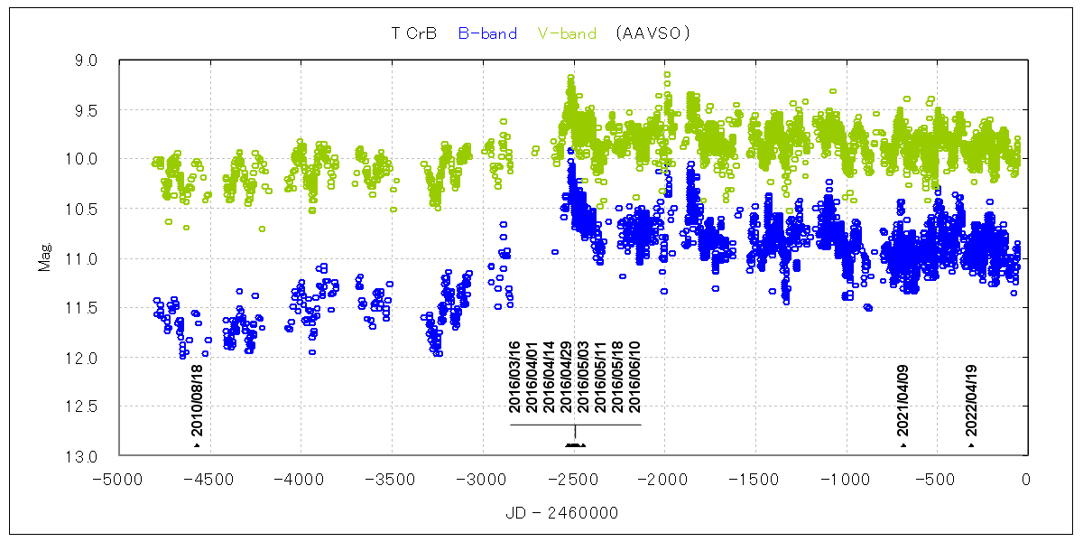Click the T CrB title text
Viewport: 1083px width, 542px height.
coord(414,33)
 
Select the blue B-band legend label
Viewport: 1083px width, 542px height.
coord(487,33)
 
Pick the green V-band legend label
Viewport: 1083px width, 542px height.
coord(567,33)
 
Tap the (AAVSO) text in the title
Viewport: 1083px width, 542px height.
coord(651,33)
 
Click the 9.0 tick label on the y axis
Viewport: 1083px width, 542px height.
coord(86,61)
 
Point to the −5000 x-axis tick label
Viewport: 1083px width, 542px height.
coord(120,479)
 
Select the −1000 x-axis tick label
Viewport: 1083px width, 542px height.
coord(845,479)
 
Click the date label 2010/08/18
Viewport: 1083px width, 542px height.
coord(197,399)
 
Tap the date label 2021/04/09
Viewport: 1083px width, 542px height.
coord(902,399)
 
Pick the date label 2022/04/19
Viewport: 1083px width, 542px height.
coord(971,399)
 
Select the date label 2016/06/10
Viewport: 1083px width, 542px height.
coord(634,377)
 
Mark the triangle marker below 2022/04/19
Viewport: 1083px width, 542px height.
coord(971,445)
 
